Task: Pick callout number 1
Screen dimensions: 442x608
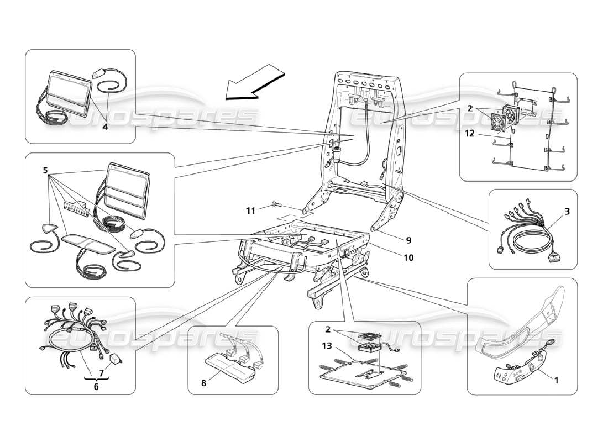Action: tap(556, 380)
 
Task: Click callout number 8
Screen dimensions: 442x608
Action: tap(204, 382)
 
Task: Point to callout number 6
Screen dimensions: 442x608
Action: tap(96, 387)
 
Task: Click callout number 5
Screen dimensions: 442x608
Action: tap(45, 170)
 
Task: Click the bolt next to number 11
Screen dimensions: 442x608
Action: tap(275, 206)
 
